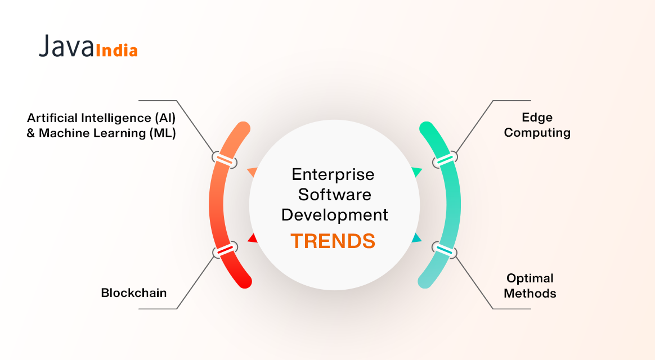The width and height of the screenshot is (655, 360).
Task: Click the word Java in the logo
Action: point(65,47)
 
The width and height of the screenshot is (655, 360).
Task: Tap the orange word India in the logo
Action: point(117,51)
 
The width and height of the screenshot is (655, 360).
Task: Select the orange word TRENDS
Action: point(333,241)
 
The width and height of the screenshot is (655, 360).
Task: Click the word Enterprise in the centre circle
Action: point(333,174)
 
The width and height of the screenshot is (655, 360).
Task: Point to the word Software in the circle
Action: point(334,195)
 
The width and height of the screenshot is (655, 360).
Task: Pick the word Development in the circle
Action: point(335,215)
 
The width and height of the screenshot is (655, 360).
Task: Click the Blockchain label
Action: point(134,292)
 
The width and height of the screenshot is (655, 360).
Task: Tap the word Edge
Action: point(537,118)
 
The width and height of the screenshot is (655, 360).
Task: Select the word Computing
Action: point(537,133)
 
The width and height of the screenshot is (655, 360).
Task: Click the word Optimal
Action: point(530,278)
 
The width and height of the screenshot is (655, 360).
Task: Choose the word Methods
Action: point(530,294)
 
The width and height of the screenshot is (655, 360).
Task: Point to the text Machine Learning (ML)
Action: point(107,134)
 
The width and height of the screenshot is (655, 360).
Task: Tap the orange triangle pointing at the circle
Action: point(252,172)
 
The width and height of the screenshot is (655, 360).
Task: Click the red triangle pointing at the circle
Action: point(253,238)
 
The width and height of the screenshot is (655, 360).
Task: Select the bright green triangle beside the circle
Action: point(417,172)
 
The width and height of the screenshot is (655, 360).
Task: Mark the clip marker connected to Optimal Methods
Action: point(444,249)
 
